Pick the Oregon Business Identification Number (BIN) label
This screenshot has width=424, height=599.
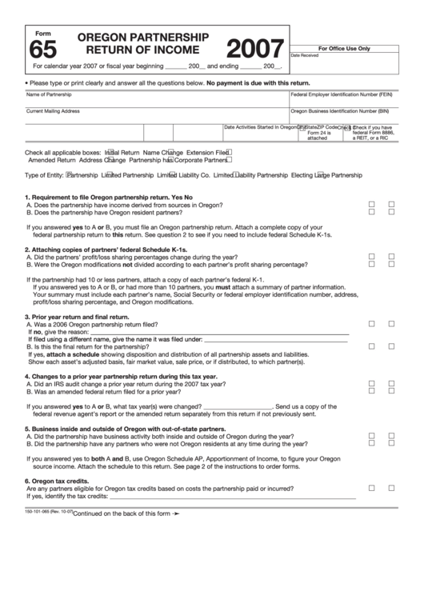[x=340, y=111]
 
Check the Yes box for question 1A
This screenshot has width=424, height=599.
[x=371, y=205]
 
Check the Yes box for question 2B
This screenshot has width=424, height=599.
[x=371, y=265]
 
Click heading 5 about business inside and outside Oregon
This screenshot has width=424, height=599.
[x=120, y=429]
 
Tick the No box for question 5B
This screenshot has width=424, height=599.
[x=392, y=443]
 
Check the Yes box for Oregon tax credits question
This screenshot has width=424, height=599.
[x=371, y=487]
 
